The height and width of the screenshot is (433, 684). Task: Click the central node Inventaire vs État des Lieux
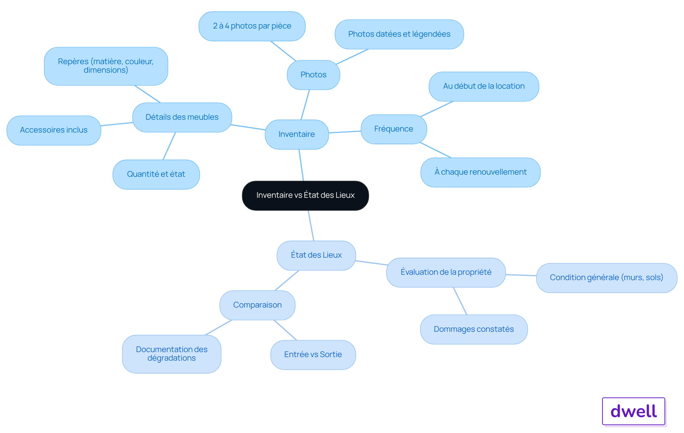(305, 196)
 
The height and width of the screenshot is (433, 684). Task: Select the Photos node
(313, 75)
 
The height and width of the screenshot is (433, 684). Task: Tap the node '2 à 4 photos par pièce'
(252, 26)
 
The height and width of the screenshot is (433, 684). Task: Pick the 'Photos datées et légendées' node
(399, 34)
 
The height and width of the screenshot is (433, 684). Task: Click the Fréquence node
(394, 129)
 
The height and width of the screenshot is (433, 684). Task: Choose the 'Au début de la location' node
(484, 87)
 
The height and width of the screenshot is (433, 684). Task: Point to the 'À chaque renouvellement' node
(481, 172)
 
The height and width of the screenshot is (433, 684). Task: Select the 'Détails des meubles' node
(182, 117)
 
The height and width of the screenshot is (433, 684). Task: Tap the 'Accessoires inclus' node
(54, 130)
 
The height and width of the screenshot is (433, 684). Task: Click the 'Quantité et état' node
(156, 174)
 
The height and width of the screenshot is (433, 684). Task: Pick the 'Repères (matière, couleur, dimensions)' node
(106, 66)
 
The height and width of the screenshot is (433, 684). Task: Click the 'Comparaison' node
(257, 305)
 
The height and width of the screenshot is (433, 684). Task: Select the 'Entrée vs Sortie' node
(313, 355)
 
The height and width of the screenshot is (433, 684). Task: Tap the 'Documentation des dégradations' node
(172, 354)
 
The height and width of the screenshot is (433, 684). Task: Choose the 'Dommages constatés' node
(474, 329)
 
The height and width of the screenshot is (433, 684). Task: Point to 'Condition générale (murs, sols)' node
(607, 278)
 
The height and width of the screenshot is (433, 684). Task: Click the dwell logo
(634, 411)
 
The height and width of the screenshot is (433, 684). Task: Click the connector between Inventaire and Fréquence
(345, 132)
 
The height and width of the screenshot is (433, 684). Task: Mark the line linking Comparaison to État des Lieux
(287, 280)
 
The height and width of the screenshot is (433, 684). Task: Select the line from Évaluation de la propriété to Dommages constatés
(460, 301)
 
